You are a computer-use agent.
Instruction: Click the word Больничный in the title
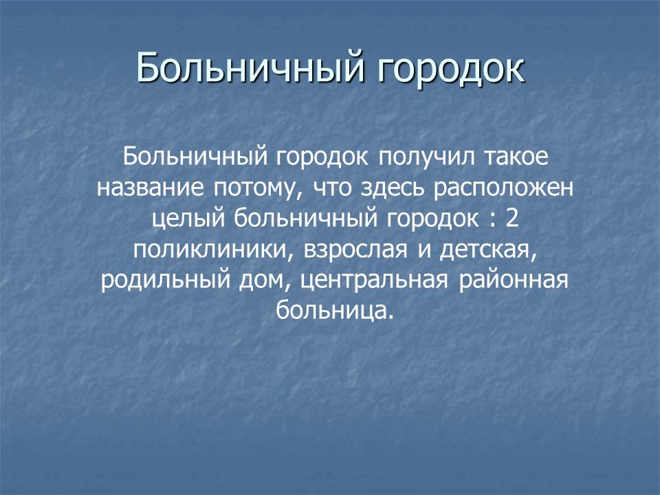pyautogui.click(x=250, y=67)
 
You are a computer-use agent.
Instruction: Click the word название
pyautogui.click(x=151, y=188)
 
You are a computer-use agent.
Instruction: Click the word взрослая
pyautogui.click(x=355, y=252)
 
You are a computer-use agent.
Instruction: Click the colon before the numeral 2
pyautogui.click(x=492, y=221)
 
